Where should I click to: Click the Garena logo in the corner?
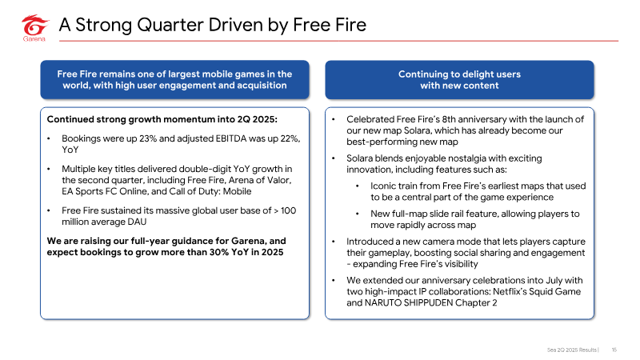pos(34,28)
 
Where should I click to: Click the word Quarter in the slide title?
pos(170,25)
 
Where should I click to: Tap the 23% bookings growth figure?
pos(148,138)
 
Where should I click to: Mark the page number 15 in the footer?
pos(614,350)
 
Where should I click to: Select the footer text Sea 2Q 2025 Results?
pos(572,350)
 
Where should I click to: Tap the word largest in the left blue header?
pos(184,74)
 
